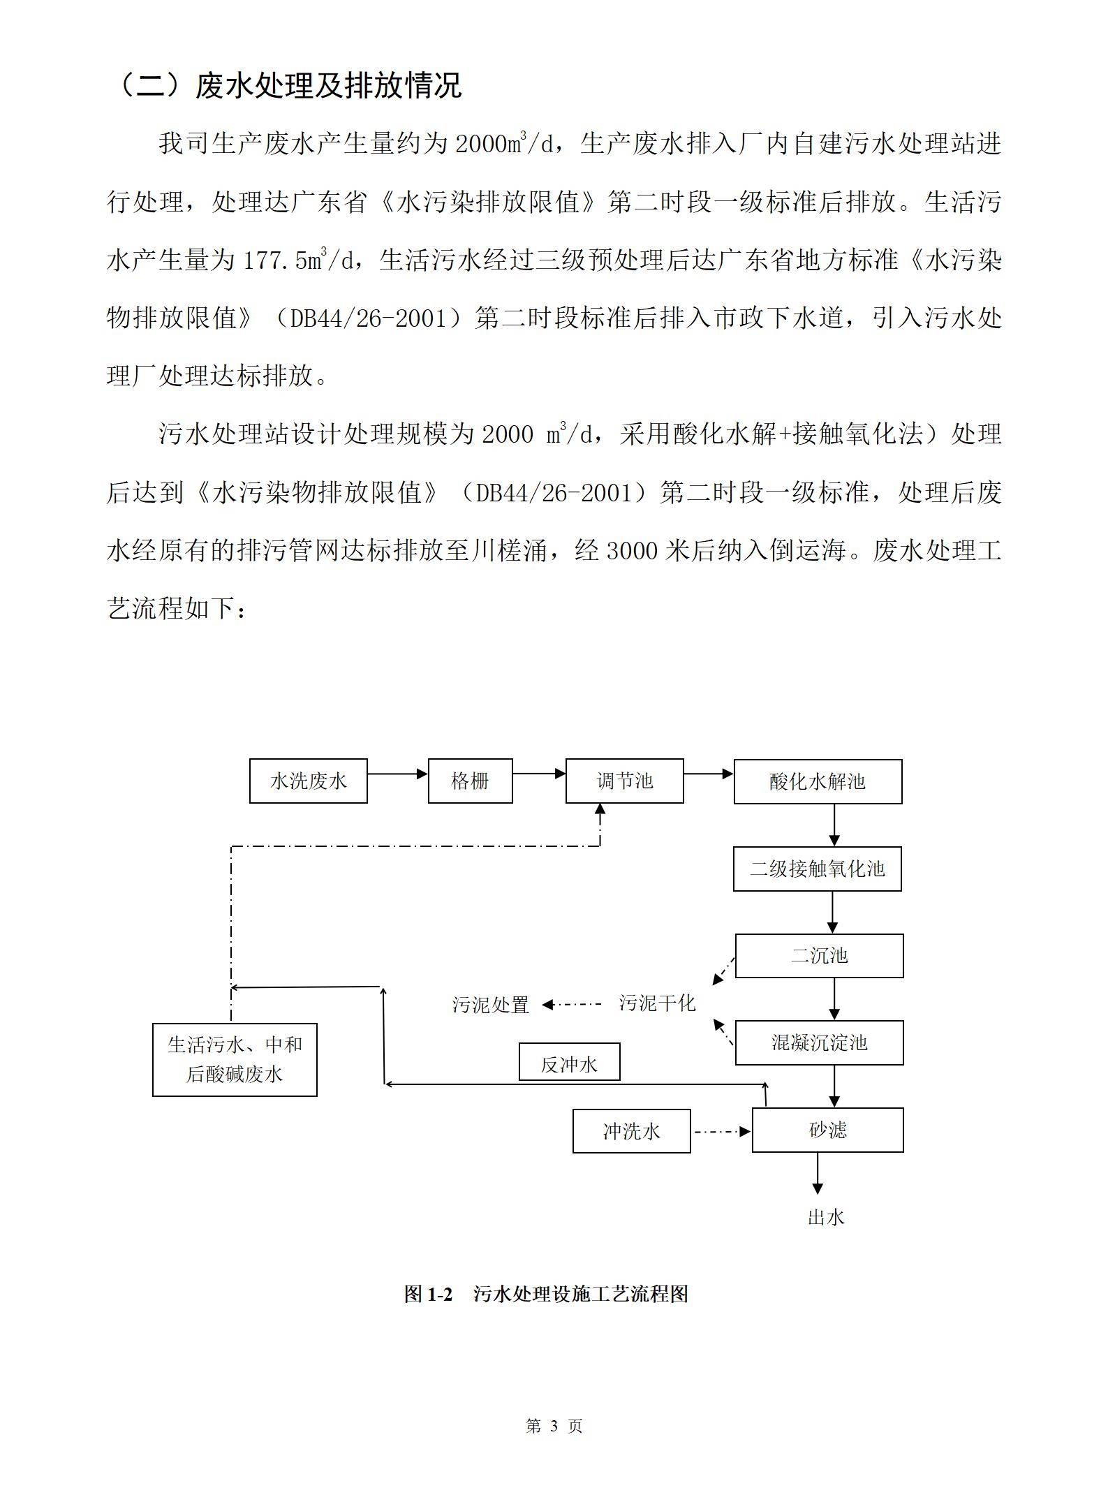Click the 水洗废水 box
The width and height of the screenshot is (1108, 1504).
point(309,781)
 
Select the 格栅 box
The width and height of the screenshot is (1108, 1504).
point(470,781)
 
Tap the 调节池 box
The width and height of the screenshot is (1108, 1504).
point(624,781)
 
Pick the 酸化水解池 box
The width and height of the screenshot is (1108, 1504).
point(818,781)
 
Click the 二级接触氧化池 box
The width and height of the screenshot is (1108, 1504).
point(817,869)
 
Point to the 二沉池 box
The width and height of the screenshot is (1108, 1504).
point(819,955)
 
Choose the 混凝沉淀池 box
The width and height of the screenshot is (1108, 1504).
point(819,1042)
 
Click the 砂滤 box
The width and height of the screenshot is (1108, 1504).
point(827,1130)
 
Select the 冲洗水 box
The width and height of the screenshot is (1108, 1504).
point(631,1130)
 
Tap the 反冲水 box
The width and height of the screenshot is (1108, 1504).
point(569,1064)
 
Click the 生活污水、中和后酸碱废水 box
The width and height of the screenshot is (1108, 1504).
point(235,1059)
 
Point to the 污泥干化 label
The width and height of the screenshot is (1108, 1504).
point(657,1003)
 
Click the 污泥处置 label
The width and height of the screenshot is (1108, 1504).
point(491,1005)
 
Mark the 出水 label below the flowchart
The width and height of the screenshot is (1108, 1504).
point(826,1217)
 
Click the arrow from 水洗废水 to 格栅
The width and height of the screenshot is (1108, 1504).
point(397,774)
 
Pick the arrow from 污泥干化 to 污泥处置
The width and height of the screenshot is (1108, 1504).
point(571,1005)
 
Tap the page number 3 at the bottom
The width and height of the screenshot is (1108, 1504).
point(554,1426)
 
